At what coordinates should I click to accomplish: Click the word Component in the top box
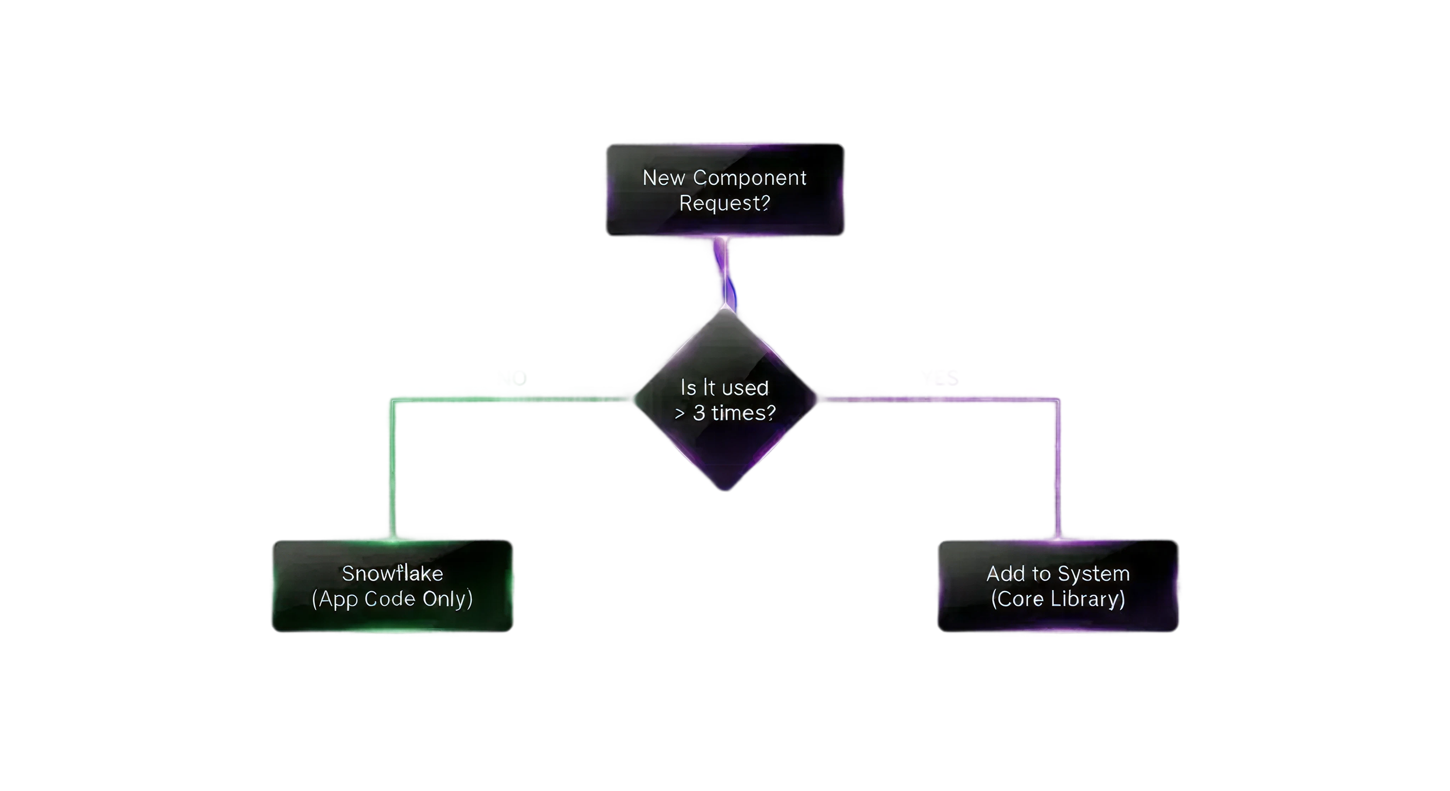click(x=749, y=178)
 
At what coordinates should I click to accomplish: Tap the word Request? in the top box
click(x=724, y=203)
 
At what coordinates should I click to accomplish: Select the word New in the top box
click(x=664, y=178)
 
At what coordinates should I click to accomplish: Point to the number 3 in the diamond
click(x=699, y=413)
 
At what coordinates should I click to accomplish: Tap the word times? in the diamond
click(x=743, y=413)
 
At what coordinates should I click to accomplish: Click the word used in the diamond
click(x=745, y=388)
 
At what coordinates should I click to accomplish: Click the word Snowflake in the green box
click(x=392, y=574)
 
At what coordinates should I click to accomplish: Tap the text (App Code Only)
click(x=392, y=599)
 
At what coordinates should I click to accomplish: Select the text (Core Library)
click(x=1058, y=599)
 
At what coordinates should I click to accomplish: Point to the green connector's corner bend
click(x=393, y=401)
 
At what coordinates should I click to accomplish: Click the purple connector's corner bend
click(x=1057, y=401)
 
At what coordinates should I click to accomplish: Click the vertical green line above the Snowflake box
click(x=392, y=473)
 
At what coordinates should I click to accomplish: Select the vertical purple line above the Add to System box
click(x=1057, y=473)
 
